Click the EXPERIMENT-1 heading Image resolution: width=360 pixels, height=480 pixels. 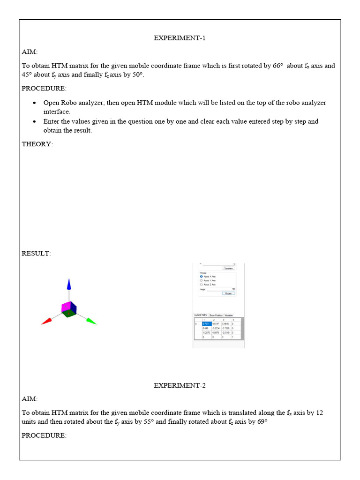[x=180, y=38]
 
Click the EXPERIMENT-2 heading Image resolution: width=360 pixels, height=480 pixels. [x=180, y=385]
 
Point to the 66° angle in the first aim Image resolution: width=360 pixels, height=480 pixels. [x=278, y=66]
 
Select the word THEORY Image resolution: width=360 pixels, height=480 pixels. [x=37, y=144]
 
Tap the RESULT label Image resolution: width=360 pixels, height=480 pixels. [x=36, y=253]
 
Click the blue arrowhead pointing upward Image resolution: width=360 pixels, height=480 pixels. [x=69, y=285]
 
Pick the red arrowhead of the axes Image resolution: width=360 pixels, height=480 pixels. [x=46, y=322]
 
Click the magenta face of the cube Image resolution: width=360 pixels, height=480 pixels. [x=66, y=307]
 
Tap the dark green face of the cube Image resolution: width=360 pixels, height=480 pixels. [x=69, y=315]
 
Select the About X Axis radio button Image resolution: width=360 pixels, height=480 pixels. [x=202, y=277]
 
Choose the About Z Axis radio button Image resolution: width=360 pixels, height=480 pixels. [x=202, y=285]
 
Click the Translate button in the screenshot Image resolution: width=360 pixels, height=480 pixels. [x=228, y=268]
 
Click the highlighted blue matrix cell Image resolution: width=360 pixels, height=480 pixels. [x=206, y=323]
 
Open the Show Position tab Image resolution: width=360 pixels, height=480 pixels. [x=216, y=315]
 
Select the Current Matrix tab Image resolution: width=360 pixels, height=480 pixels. [x=201, y=315]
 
